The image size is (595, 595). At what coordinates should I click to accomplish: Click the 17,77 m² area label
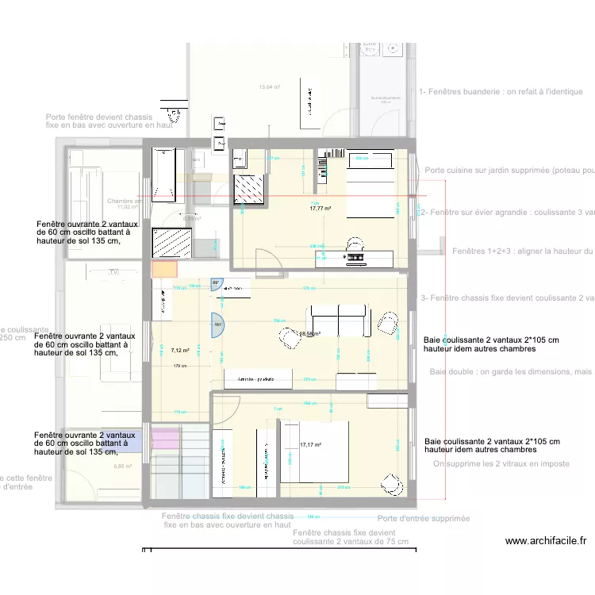(x=321, y=209)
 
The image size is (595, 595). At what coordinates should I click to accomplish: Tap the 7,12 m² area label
(x=180, y=349)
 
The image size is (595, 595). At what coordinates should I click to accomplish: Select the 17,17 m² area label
(x=310, y=445)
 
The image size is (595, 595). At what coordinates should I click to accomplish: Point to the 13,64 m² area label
(x=270, y=87)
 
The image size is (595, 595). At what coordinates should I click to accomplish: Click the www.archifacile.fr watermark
(x=545, y=541)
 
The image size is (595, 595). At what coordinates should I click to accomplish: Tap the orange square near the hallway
(x=164, y=269)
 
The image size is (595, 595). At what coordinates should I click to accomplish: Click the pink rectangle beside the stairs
(x=167, y=439)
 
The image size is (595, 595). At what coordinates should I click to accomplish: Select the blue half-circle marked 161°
(x=216, y=324)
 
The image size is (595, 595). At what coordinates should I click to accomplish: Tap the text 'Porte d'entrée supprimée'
(x=423, y=518)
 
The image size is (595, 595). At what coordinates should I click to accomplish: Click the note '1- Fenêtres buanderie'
(x=501, y=92)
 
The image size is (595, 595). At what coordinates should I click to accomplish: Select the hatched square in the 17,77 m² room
(x=250, y=190)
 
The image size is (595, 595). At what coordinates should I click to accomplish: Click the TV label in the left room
(x=115, y=272)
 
